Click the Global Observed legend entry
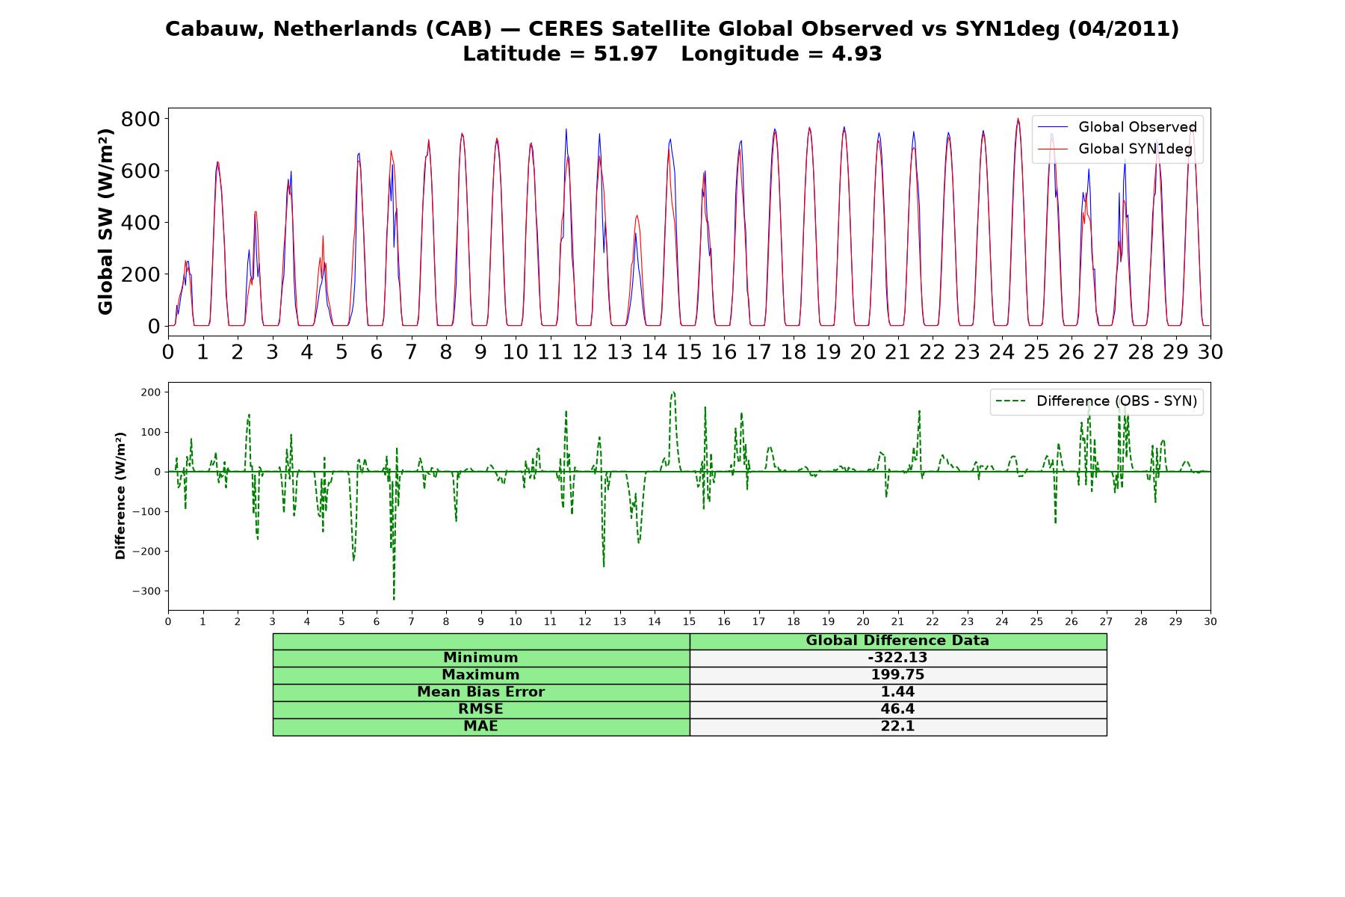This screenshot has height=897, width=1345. click(x=1117, y=127)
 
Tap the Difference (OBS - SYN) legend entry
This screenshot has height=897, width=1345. click(x=1097, y=401)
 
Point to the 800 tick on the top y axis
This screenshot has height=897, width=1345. click(x=141, y=119)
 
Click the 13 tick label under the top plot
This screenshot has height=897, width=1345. click(x=619, y=351)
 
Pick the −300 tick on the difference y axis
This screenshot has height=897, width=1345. click(x=146, y=591)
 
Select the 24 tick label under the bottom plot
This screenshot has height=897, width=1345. click(x=1002, y=622)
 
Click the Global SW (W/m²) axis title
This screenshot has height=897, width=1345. click(x=105, y=221)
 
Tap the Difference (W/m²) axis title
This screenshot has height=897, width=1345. click(x=120, y=496)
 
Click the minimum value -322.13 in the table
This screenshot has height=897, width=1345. click(x=897, y=658)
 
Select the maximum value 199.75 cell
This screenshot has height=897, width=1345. click(x=897, y=675)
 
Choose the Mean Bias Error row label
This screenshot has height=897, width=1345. click(x=480, y=692)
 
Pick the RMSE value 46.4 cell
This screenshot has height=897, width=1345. click(x=897, y=709)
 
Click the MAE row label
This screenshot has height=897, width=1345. click(x=480, y=727)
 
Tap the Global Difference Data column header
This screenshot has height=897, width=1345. click(x=897, y=641)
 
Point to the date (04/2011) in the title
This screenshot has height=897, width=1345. click(x=1123, y=29)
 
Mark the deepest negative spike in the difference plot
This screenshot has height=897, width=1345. click(x=394, y=598)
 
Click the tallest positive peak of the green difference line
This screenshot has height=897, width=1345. click(x=673, y=392)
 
